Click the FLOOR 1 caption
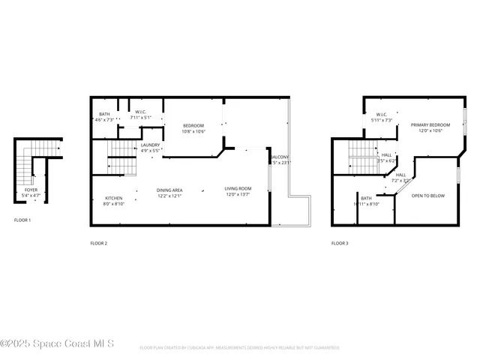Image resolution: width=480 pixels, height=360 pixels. pyautogui.click(x=23, y=220)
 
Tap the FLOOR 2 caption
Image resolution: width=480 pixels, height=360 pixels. pyautogui.click(x=99, y=243)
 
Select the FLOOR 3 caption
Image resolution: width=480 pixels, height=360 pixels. pyautogui.click(x=340, y=243)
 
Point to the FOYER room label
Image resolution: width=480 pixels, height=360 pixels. pyautogui.click(x=31, y=193)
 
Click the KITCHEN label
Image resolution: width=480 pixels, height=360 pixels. pyautogui.click(x=113, y=200)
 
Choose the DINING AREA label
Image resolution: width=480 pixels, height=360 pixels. pyautogui.click(x=169, y=193)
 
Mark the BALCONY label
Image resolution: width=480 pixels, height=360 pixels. pyautogui.click(x=280, y=160)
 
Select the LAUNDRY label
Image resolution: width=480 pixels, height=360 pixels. pyautogui.click(x=150, y=147)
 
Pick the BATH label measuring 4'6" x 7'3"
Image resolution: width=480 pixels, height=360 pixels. pyautogui.click(x=103, y=117)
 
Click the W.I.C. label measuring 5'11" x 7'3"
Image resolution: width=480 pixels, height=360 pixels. pyautogui.click(x=381, y=118)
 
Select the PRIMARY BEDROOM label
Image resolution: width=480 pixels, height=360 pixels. pyautogui.click(x=430, y=127)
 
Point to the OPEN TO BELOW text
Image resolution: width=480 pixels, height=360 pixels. pyautogui.click(x=428, y=196)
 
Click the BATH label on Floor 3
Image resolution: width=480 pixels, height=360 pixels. pyautogui.click(x=366, y=201)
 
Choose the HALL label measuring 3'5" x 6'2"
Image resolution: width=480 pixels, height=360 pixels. pyautogui.click(x=386, y=157)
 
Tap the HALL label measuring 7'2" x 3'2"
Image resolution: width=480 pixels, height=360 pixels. pyautogui.click(x=400, y=178)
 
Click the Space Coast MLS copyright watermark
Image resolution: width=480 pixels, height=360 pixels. pyautogui.click(x=58, y=343)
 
